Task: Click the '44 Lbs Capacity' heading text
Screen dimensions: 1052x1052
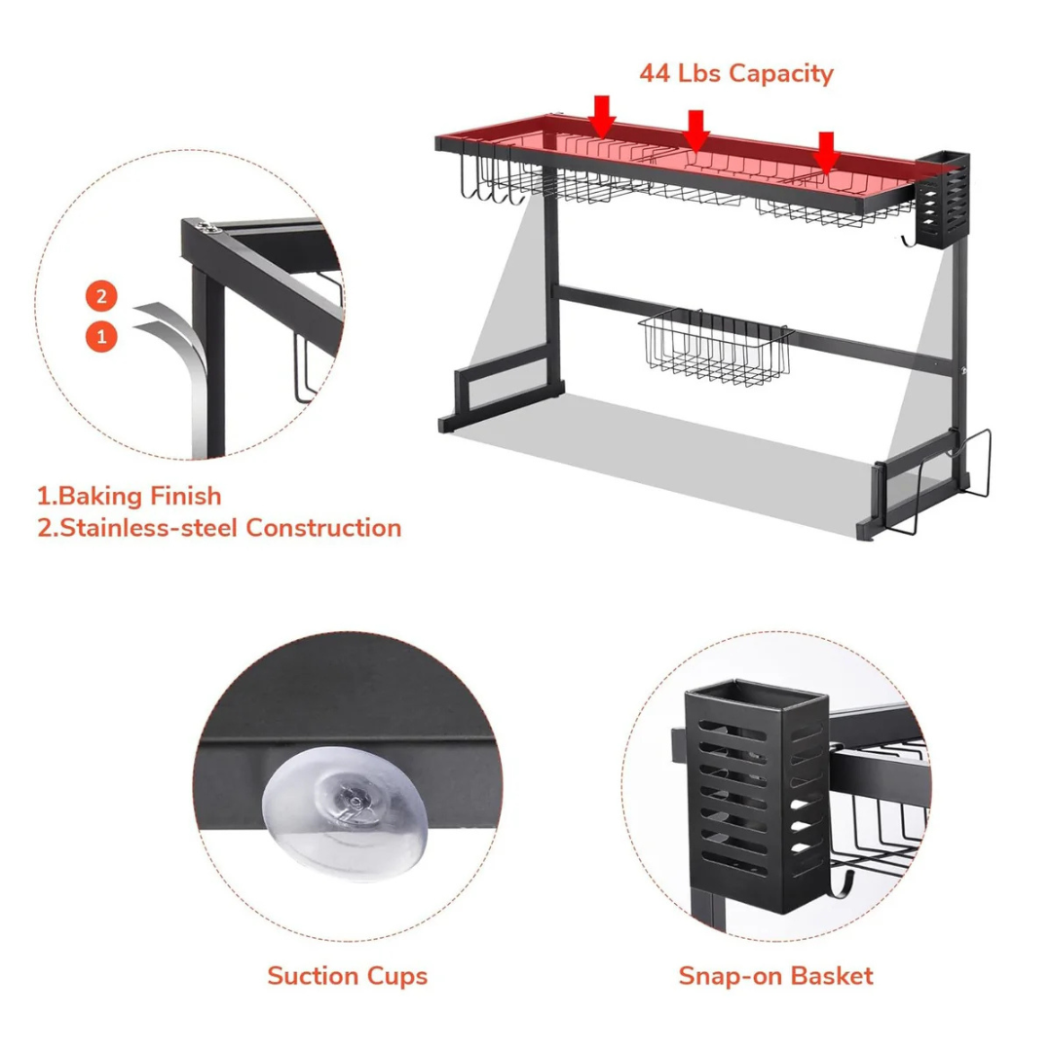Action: click(x=736, y=73)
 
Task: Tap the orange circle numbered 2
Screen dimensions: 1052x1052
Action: click(x=101, y=296)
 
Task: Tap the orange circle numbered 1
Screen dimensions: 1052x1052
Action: click(x=101, y=336)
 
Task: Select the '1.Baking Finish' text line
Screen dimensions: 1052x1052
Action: click(x=129, y=496)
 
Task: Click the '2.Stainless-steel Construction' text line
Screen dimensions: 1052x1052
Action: click(x=219, y=527)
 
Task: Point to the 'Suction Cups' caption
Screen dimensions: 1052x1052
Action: click(x=347, y=976)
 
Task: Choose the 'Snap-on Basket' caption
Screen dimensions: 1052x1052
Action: click(x=775, y=975)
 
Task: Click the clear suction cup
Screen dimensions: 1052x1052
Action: click(x=345, y=812)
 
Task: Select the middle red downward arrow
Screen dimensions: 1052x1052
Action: click(x=696, y=131)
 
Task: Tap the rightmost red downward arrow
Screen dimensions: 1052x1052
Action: click(x=826, y=153)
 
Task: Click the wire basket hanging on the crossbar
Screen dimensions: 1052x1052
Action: click(x=715, y=347)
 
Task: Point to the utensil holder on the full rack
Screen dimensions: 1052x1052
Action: click(x=943, y=199)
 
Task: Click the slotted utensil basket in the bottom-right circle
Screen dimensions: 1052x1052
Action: click(x=757, y=797)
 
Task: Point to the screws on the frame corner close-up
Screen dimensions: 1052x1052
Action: click(x=206, y=226)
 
